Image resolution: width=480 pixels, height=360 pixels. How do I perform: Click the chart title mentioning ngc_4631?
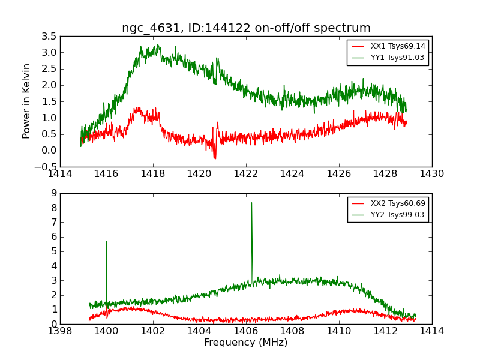(246, 28)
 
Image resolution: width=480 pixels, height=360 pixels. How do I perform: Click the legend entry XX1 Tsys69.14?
(398, 46)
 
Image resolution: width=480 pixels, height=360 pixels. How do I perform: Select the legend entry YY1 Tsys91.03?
(398, 58)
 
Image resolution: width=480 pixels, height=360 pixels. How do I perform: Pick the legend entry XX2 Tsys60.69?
(398, 203)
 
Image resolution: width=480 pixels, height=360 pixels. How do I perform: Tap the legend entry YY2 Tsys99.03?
(398, 215)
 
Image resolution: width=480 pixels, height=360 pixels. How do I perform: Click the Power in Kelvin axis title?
(26, 101)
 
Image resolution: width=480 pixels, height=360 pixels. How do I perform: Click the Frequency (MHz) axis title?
(245, 343)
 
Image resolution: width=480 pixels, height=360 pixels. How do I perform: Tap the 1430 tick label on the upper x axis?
(431, 174)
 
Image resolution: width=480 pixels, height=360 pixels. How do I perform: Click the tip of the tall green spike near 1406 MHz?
(251, 203)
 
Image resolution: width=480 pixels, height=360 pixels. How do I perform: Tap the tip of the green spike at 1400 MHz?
(107, 241)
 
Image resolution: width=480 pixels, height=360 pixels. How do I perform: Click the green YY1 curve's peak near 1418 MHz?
(158, 44)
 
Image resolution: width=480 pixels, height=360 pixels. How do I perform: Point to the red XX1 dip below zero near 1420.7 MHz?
(215, 158)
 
